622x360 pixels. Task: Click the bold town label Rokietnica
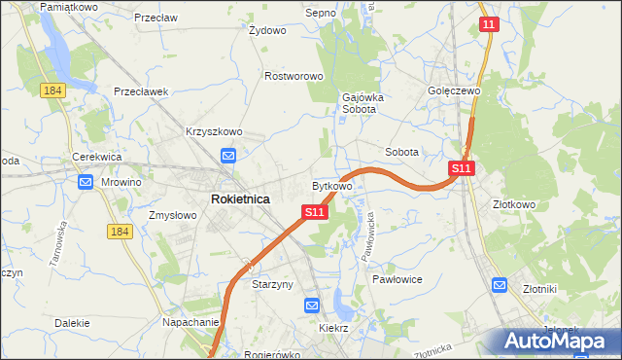[x=240, y=198]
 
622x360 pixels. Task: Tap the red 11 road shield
[x=490, y=23]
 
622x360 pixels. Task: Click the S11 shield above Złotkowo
[x=462, y=168]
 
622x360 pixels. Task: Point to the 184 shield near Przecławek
[x=52, y=90]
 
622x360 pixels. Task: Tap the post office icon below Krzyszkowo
[x=228, y=155]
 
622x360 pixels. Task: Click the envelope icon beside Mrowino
[x=86, y=182]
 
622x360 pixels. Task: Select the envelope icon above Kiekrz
[x=312, y=306]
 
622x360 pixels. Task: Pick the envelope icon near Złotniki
[x=500, y=285]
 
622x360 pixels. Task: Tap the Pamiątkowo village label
[x=67, y=7]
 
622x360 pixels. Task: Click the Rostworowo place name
[x=294, y=76]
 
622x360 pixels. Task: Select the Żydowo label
[x=267, y=30]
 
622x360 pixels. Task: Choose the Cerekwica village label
[x=95, y=157]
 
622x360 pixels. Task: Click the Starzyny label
[x=273, y=284]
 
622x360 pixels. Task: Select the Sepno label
[x=320, y=13]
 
